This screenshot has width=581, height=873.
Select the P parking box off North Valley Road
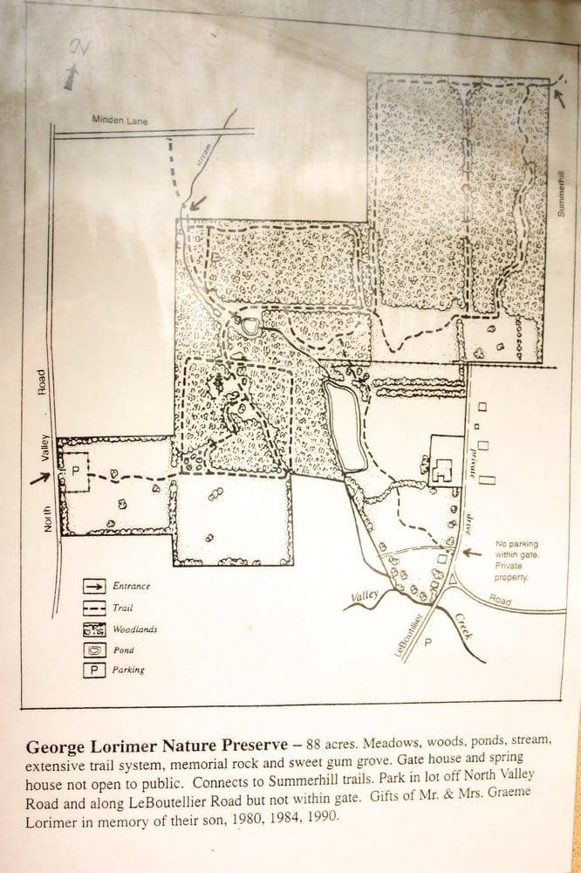click(75, 470)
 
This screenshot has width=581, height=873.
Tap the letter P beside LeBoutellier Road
click(427, 643)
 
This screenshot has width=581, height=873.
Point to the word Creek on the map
click(463, 625)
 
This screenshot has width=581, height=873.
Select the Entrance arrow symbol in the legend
click(94, 586)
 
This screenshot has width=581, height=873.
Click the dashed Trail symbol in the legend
click(94, 607)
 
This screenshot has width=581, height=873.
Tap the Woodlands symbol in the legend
click(94, 629)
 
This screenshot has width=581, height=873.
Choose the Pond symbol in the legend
click(94, 650)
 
